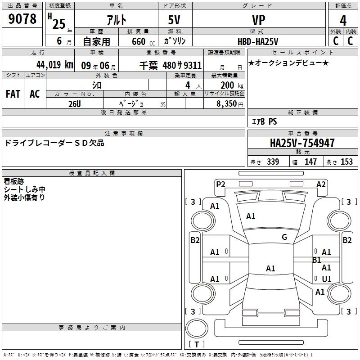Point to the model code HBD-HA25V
(x=258, y=41)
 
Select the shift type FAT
(x=13, y=94)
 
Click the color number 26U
(x=74, y=103)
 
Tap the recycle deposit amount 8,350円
(x=230, y=103)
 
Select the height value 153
(x=346, y=162)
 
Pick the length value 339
(x=273, y=162)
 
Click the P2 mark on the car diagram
(x=220, y=184)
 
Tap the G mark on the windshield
(x=284, y=237)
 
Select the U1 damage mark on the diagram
(x=327, y=279)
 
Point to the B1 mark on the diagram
(x=316, y=260)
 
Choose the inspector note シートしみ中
(x=25, y=189)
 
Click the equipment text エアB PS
(x=264, y=121)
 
